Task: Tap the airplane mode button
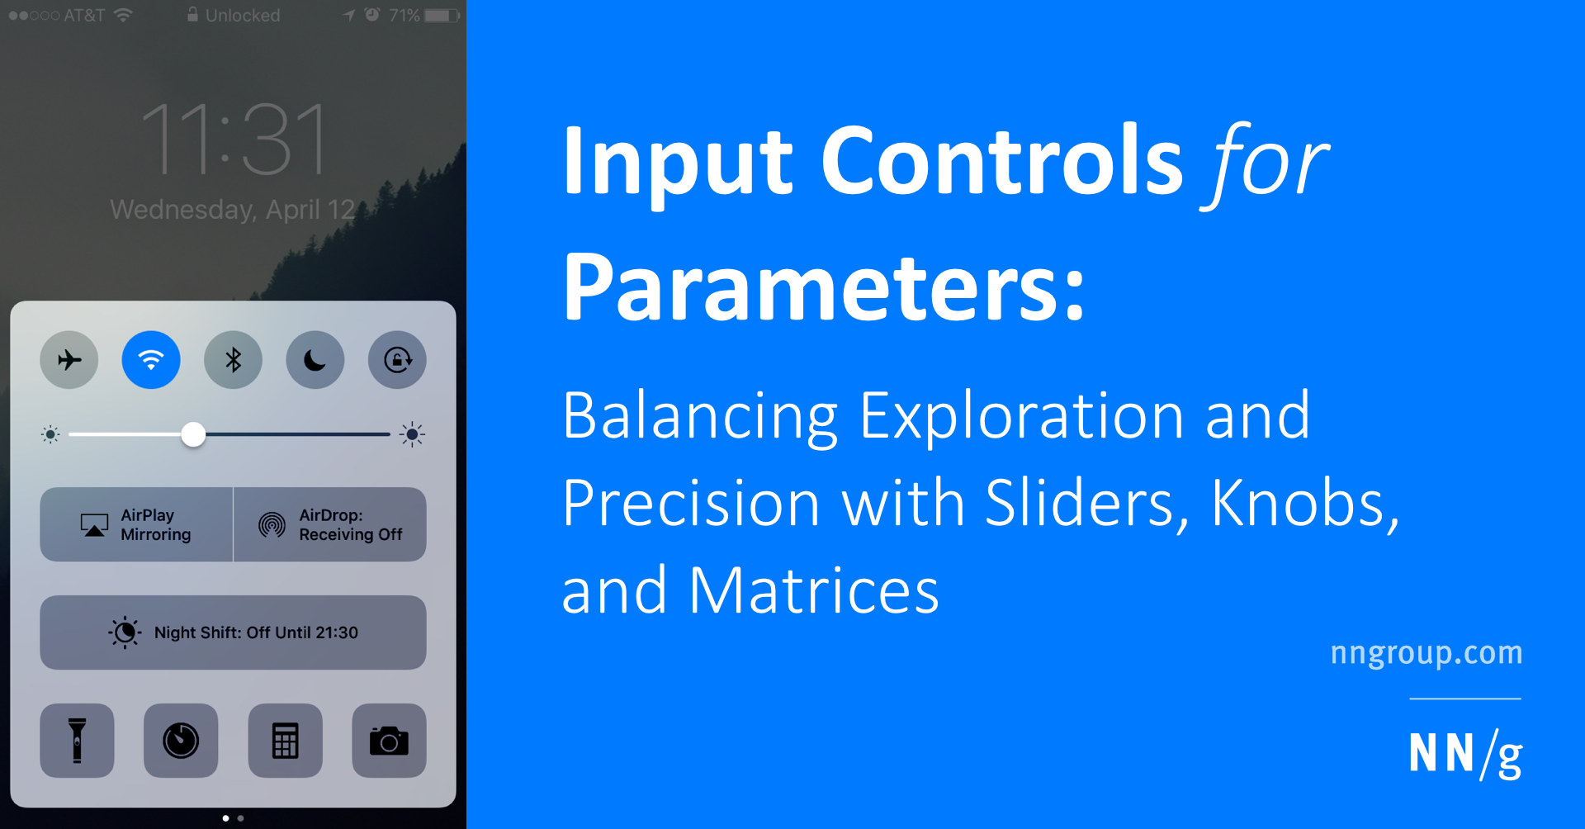[x=69, y=360]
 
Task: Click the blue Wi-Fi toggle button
[x=151, y=360]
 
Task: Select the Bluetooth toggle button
[x=233, y=360]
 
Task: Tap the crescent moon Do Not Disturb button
[x=315, y=360]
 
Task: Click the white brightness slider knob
[x=193, y=434]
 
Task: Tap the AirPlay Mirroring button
[x=136, y=524]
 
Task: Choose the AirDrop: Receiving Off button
[x=330, y=524]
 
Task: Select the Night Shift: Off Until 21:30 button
[x=233, y=632]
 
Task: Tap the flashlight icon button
[x=77, y=741]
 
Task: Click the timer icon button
[x=181, y=741]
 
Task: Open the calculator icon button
[x=285, y=741]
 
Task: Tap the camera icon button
[x=389, y=741]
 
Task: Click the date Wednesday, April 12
[x=232, y=210]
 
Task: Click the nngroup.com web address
[x=1426, y=652]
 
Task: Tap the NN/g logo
[x=1464, y=754]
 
